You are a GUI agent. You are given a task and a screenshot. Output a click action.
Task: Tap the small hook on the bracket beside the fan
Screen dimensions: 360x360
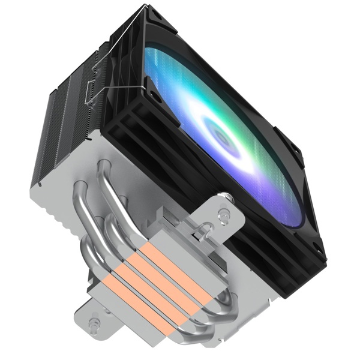(x=205, y=228)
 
